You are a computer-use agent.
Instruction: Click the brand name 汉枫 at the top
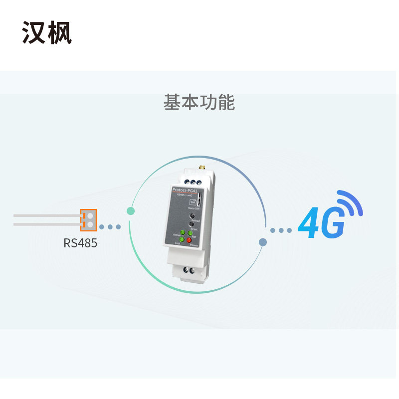pos(47,33)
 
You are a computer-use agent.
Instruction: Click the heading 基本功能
pos(199,102)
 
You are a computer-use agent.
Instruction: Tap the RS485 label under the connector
pos(80,243)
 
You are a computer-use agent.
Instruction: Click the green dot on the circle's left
pos(131,211)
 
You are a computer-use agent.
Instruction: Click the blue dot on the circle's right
pos(263,242)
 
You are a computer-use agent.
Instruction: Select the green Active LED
pos(183,232)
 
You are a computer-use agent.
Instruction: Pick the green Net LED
pos(191,233)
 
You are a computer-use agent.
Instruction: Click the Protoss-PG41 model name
pos(184,190)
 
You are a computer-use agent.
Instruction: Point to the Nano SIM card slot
pos(198,200)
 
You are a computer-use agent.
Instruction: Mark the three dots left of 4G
pos(281,230)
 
